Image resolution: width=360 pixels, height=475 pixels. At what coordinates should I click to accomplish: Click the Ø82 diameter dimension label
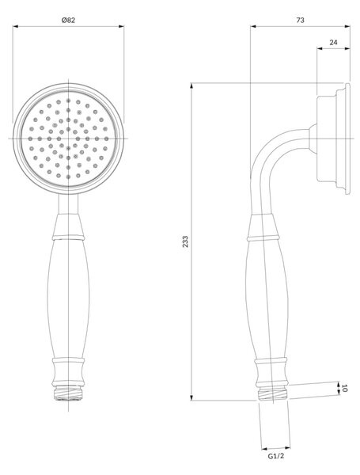tap(68, 21)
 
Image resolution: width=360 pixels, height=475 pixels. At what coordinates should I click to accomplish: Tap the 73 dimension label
tap(300, 20)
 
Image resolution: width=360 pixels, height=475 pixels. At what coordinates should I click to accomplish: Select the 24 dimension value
tap(333, 43)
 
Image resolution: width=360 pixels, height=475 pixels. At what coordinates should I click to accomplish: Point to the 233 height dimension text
tap(185, 241)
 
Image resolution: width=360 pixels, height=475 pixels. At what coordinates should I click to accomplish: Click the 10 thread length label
tap(344, 388)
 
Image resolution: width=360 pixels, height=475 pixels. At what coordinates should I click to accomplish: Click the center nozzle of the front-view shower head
tap(68, 139)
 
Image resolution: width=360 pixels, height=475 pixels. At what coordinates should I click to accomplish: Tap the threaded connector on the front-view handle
tap(68, 393)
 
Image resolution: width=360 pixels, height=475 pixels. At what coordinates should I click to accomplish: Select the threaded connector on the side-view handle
tap(273, 393)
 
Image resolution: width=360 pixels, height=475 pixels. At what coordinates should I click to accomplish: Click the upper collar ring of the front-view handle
tap(68, 237)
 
